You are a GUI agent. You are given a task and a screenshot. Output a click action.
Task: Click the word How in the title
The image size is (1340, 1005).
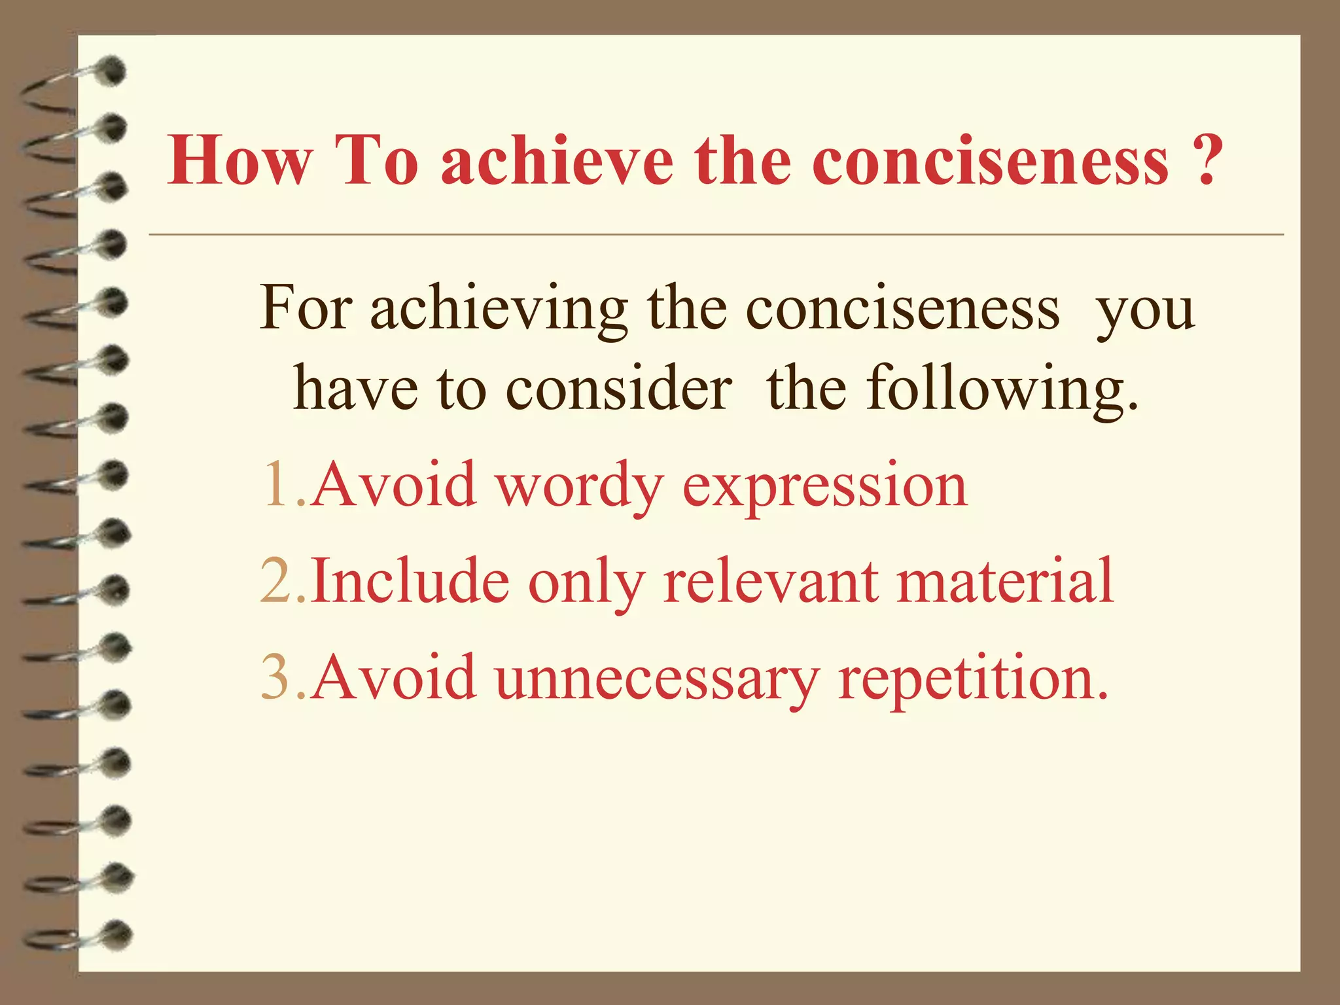(239, 161)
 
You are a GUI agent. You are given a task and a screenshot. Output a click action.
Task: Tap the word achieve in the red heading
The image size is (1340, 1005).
(557, 161)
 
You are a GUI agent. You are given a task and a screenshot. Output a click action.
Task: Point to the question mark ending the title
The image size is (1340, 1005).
(1203, 161)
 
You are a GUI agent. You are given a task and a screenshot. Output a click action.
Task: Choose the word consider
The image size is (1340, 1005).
(619, 389)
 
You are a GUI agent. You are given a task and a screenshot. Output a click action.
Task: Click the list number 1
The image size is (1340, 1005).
(274, 485)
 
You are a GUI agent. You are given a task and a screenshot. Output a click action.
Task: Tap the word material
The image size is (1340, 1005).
(1005, 581)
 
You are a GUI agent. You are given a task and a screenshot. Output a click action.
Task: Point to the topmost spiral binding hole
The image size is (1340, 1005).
(113, 70)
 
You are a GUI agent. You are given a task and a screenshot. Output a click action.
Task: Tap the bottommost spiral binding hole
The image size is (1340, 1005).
(118, 934)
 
